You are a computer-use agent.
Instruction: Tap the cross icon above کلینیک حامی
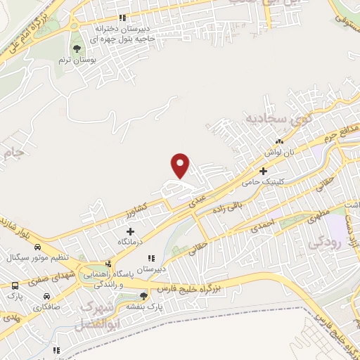(264, 171)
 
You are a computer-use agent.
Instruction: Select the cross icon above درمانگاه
(130, 231)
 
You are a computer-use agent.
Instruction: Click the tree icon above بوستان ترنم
(77, 49)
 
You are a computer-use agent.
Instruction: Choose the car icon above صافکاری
(46, 296)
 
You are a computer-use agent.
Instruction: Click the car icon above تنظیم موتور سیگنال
(37, 247)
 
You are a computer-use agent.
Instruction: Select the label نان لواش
(278, 151)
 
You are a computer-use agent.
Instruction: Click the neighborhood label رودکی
(324, 243)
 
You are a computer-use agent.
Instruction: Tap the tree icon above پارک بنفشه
(143, 295)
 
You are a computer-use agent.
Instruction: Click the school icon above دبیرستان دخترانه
(122, 18)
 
